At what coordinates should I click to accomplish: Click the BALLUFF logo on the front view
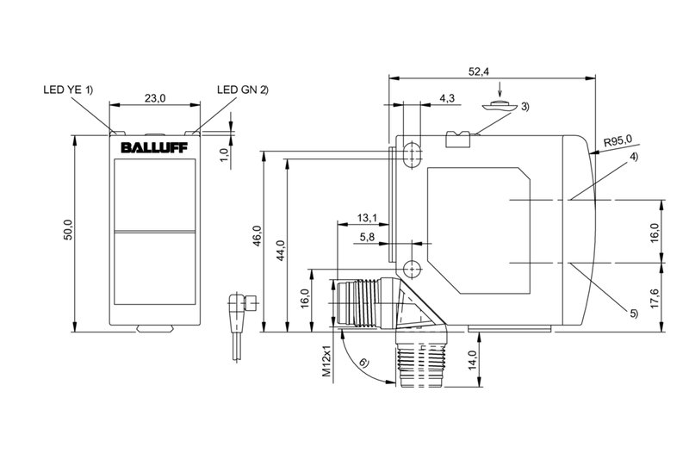(155, 147)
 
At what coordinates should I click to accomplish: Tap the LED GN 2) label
(243, 89)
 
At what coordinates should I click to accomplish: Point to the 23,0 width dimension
(155, 99)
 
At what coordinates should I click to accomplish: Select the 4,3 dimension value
(447, 98)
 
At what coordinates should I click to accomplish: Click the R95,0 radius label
(617, 140)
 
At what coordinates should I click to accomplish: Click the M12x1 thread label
(326, 364)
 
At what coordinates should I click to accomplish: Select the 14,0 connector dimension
(471, 358)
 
